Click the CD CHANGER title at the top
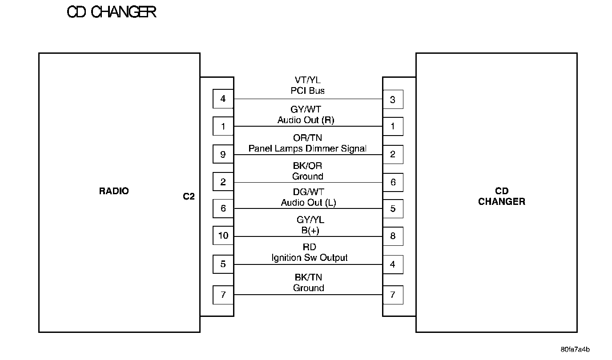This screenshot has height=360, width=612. click(x=111, y=12)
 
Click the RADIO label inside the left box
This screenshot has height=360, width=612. click(x=114, y=191)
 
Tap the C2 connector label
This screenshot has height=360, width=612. click(x=189, y=196)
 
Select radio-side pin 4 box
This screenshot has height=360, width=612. click(x=223, y=99)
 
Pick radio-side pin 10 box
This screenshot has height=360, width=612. click(x=223, y=236)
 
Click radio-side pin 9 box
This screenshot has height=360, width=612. click(x=223, y=154)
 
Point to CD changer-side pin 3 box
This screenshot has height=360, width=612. click(x=393, y=100)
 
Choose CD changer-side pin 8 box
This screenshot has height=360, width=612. click(x=393, y=236)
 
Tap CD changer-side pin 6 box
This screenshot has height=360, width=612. click(x=393, y=182)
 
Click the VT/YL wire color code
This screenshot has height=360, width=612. click(x=308, y=80)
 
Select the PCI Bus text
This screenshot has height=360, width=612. click(x=308, y=91)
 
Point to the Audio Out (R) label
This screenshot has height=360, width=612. click(x=306, y=120)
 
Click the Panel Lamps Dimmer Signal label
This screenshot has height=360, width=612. click(x=307, y=148)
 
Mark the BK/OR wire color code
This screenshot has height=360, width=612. click(x=308, y=166)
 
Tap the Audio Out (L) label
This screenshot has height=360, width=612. click(x=308, y=203)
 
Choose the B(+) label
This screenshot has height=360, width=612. click(x=308, y=230)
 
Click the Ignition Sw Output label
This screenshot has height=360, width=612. click(x=310, y=258)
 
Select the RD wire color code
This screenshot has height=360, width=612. click(x=310, y=247)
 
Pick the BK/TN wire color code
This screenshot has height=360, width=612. click(x=308, y=277)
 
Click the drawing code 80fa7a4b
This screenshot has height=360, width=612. click(x=575, y=349)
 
